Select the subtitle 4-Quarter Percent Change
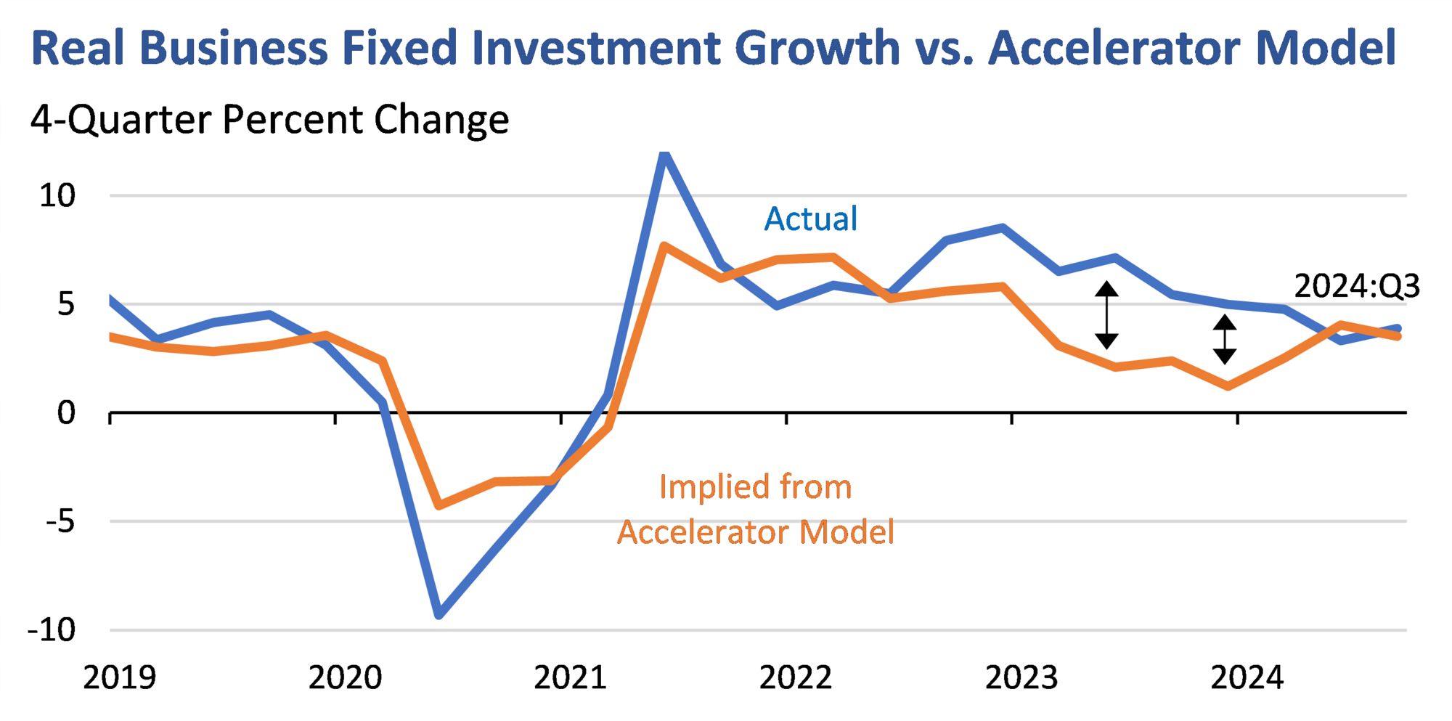(269, 120)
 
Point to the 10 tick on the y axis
(57, 196)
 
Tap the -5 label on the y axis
(60, 522)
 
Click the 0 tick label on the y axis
(66, 413)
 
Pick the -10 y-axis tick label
(52, 630)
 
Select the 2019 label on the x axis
(120, 677)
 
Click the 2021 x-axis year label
(570, 677)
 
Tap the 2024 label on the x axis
(1247, 677)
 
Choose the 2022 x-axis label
(796, 677)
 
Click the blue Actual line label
(810, 219)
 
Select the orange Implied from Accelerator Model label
(755, 510)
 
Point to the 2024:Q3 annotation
(1357, 286)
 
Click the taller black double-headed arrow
(1106, 315)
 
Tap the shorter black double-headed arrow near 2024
(1225, 339)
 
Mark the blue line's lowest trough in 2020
(439, 615)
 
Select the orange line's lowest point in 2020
(439, 505)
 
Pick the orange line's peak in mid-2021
(664, 246)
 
